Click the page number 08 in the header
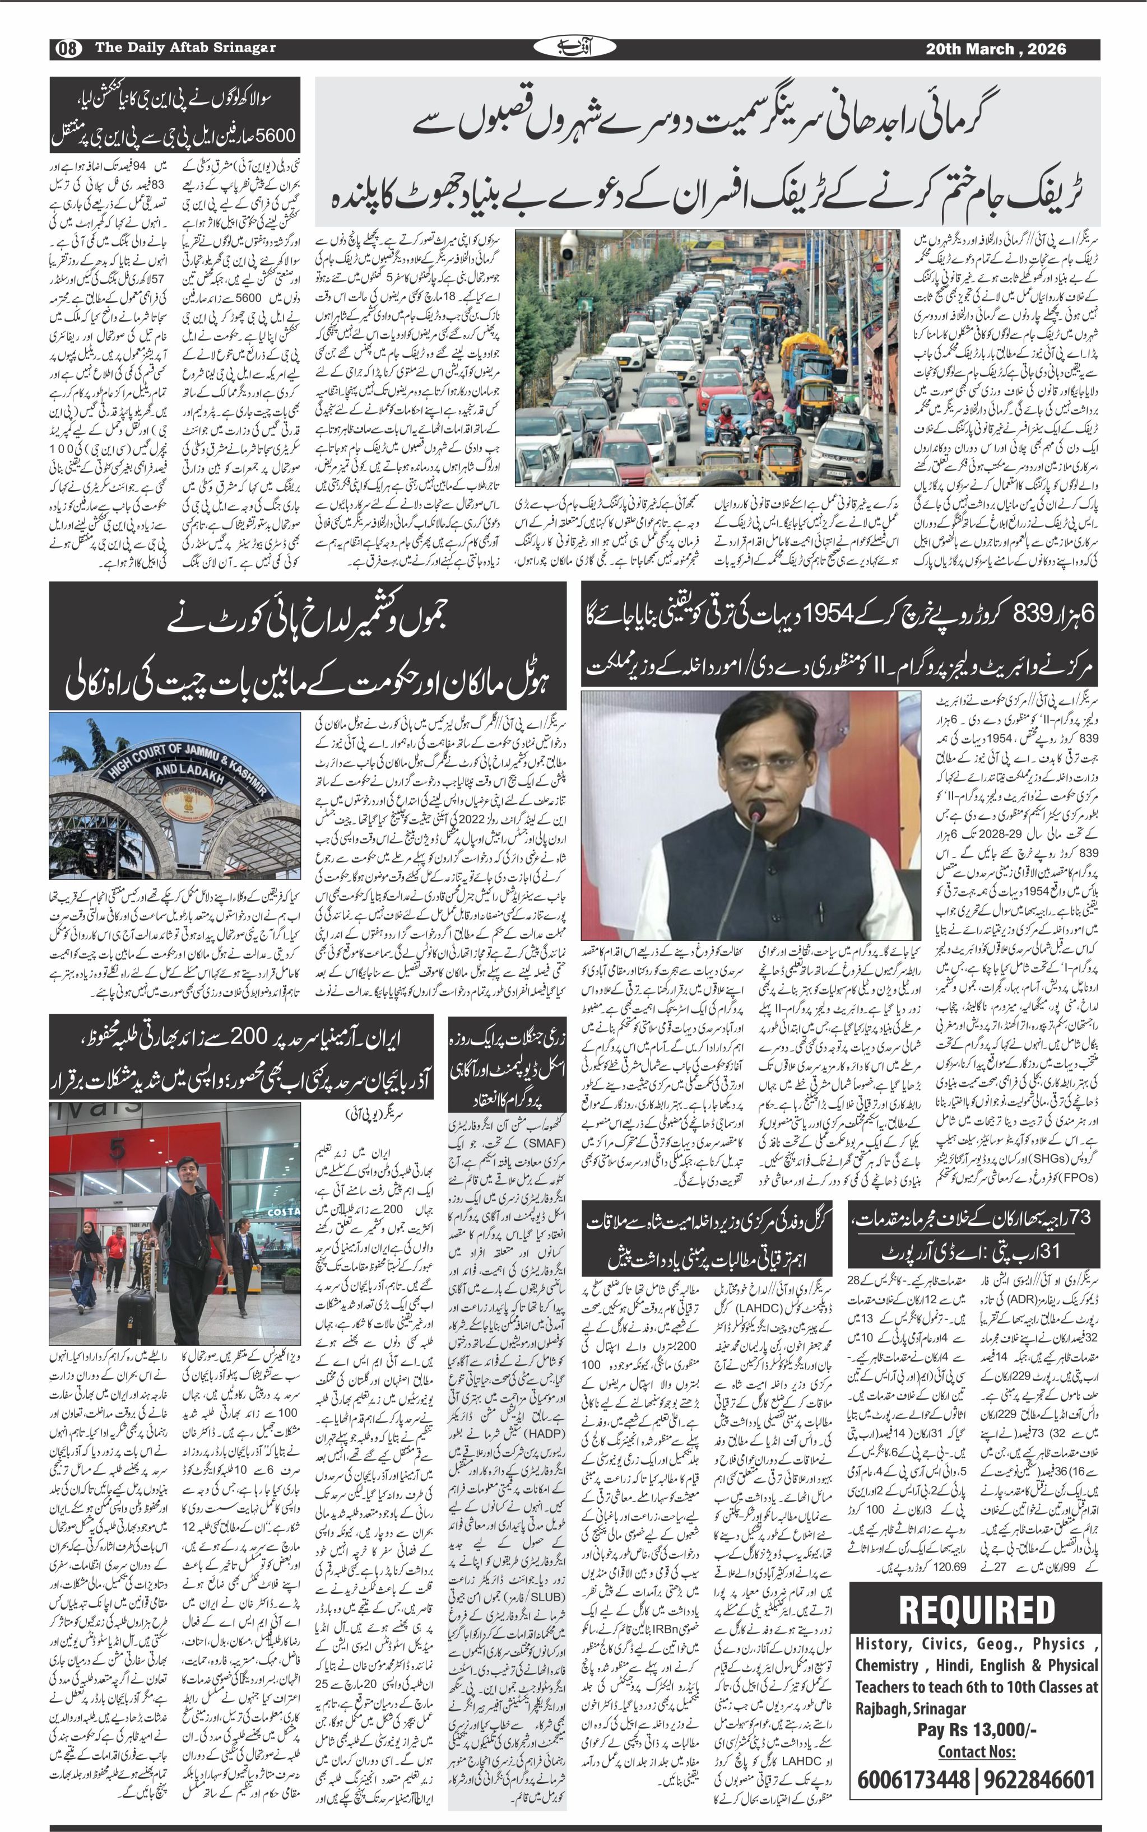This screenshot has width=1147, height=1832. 66,49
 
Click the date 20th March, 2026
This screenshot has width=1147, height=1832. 995,49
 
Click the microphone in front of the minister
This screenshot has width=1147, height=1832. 756,814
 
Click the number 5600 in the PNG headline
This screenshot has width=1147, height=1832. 275,136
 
